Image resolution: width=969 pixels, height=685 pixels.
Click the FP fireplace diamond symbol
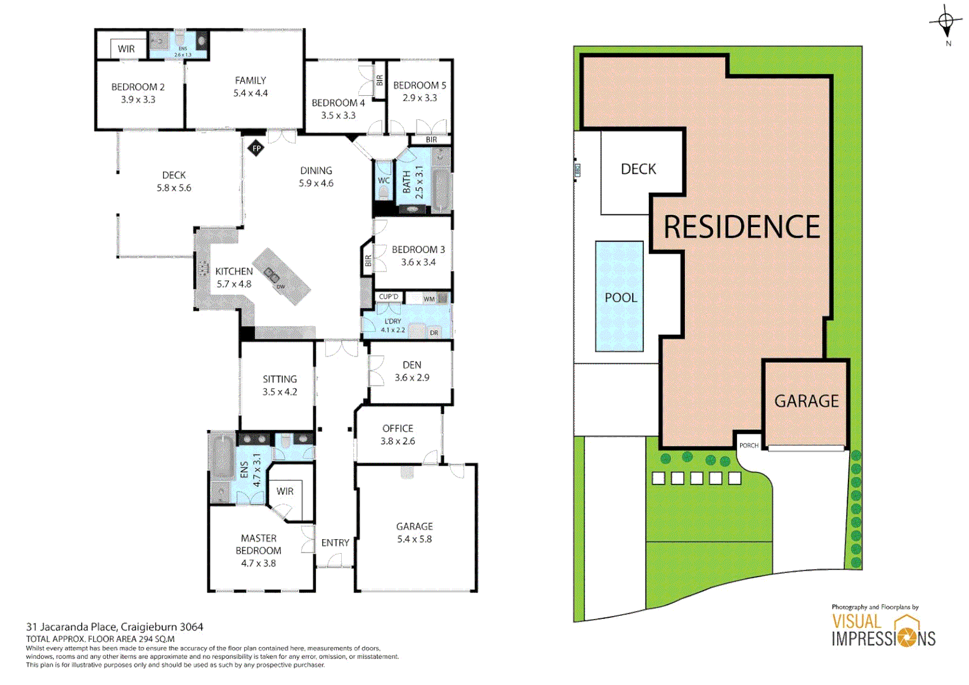pyautogui.click(x=256, y=148)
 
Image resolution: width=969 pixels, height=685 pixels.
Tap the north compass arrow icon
pyautogui.click(x=946, y=23)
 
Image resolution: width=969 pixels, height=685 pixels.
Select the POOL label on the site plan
pyautogui.click(x=620, y=297)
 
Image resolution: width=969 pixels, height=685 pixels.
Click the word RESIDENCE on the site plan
pyautogui.click(x=741, y=227)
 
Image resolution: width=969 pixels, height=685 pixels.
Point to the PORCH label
pyautogui.click(x=748, y=445)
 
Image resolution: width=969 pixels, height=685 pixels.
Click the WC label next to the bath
pyautogui.click(x=384, y=181)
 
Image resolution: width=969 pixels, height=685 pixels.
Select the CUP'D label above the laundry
pyautogui.click(x=388, y=296)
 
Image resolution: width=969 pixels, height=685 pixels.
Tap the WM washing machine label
pyautogui.click(x=429, y=299)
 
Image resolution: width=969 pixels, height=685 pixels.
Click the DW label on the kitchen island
pyautogui.click(x=281, y=287)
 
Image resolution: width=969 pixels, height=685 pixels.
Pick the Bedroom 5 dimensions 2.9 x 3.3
pyautogui.click(x=419, y=98)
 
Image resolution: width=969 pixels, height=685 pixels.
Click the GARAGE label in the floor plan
pyautogui.click(x=414, y=526)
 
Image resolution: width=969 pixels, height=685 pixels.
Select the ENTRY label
pyautogui.click(x=335, y=543)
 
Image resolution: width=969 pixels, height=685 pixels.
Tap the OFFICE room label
pyautogui.click(x=398, y=429)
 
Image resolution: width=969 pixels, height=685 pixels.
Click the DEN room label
pyautogui.click(x=412, y=365)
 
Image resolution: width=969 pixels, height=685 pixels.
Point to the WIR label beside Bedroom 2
pyautogui.click(x=126, y=49)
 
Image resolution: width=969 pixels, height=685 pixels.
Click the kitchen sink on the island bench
pyautogui.click(x=272, y=275)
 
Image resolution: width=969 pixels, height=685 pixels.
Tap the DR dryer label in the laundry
pyautogui.click(x=434, y=332)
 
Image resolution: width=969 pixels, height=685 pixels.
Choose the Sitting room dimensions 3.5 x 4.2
pyautogui.click(x=280, y=392)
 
